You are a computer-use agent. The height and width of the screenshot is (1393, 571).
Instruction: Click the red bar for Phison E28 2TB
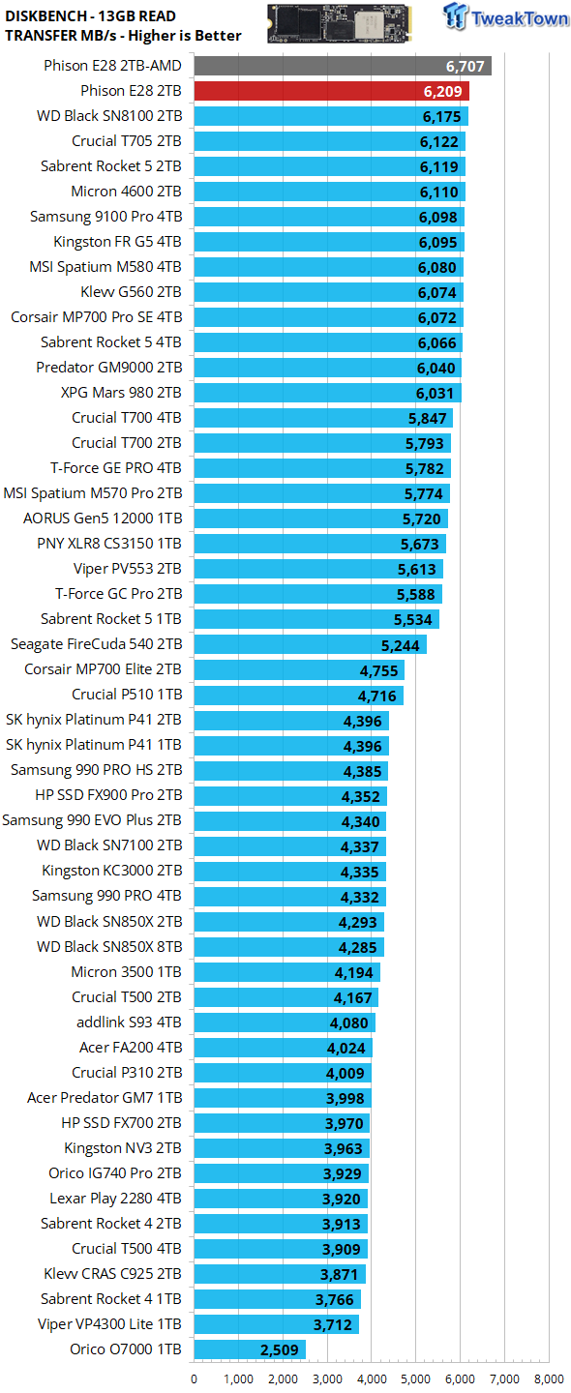[332, 91]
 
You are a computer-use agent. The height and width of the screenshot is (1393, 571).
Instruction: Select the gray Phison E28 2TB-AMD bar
[343, 66]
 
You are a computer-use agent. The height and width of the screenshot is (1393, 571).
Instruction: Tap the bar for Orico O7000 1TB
[250, 1349]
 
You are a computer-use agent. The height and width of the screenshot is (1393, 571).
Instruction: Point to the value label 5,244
[400, 645]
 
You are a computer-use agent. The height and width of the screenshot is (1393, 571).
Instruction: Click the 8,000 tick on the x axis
[550, 1378]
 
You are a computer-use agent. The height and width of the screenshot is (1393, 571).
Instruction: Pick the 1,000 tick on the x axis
[238, 1378]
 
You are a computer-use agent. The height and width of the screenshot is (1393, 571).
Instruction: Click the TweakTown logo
[505, 16]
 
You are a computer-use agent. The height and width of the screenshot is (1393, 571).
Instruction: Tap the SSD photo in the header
[340, 23]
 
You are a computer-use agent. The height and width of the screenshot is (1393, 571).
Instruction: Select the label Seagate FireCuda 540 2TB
[97, 644]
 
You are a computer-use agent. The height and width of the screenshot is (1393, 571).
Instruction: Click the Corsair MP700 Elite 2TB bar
[299, 669]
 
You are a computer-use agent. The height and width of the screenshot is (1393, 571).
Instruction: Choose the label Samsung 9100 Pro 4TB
[105, 217]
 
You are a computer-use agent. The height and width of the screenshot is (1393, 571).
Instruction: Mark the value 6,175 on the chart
[441, 117]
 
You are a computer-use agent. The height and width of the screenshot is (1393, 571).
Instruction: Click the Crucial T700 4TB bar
[323, 418]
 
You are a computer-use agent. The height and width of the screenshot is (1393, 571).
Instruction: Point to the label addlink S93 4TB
[129, 1023]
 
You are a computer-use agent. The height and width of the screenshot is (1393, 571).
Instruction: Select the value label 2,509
[280, 1350]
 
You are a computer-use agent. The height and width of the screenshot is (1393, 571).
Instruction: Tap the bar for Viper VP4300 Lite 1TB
[276, 1324]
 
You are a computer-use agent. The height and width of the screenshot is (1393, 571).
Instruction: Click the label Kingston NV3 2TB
[123, 1148]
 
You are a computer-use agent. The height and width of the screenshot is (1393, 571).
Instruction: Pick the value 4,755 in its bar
[378, 671]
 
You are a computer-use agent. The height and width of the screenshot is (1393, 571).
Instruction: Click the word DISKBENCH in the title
[45, 16]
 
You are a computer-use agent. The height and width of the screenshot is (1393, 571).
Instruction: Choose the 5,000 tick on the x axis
[416, 1378]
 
